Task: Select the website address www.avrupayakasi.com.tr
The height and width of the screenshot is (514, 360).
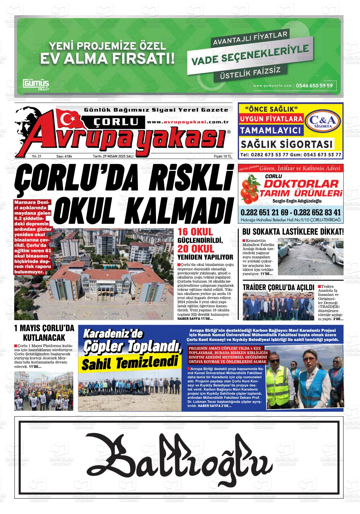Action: point(188,122)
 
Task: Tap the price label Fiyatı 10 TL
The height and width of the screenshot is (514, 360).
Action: point(223,156)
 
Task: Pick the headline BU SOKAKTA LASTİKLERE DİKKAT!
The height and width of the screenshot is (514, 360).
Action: point(293,232)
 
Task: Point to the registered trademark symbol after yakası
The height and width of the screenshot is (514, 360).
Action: point(229,133)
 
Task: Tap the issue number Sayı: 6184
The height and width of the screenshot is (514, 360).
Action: point(64,156)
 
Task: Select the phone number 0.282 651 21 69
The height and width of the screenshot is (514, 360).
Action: point(264,212)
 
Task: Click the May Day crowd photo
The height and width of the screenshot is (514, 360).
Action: point(44,391)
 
